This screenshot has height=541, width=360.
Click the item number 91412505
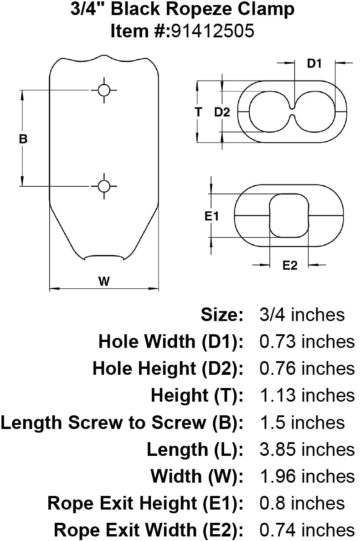tap(213, 31)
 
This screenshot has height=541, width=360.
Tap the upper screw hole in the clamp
tap(104, 90)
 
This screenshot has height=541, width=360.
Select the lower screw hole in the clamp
tap(104, 186)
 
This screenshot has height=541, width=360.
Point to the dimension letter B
tap(23, 139)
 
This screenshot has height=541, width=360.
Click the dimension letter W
tap(104, 281)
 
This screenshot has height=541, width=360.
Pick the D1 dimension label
tap(314, 63)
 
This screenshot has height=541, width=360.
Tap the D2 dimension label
tap(222, 112)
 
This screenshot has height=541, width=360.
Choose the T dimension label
tap(198, 112)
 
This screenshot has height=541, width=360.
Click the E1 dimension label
tap(211, 216)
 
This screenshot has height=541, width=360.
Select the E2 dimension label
tap(289, 265)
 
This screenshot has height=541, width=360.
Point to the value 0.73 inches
tap(307, 342)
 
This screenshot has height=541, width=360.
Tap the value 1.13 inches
tap(307, 395)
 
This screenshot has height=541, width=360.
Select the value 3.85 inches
tap(307, 449)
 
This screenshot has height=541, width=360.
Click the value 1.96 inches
tap(307, 476)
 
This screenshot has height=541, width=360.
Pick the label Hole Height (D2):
tap(168, 368)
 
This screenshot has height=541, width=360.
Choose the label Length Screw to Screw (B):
tap(122, 423)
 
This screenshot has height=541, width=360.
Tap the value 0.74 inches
tap(307, 530)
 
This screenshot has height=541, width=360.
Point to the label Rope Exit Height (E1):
tap(145, 503)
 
